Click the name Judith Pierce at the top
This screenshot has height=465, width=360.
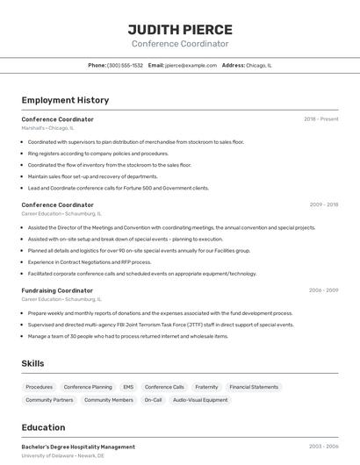coord(180,29)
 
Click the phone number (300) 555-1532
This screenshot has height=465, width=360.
coord(125,65)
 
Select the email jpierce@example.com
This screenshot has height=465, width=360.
coord(191,65)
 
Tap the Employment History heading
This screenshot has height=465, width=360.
coord(65,101)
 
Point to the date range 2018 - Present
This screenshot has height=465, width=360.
coord(321,118)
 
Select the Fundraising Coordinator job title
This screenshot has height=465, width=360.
coord(57,290)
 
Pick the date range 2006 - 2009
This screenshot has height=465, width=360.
coord(323,290)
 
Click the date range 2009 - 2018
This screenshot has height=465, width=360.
coord(323,204)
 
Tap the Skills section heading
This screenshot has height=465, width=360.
coord(33,363)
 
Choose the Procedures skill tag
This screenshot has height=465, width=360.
coord(40,387)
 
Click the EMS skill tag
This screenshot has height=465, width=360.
coord(128,387)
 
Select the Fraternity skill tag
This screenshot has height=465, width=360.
coord(206,387)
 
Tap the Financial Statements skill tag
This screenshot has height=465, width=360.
coord(254,387)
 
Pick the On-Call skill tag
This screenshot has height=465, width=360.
coord(153,400)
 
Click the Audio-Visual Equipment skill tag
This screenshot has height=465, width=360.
coord(200,400)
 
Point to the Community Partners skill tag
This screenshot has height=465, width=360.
coord(49,400)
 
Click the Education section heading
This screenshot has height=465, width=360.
coord(43,428)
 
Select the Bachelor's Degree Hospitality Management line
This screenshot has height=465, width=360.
coord(78,447)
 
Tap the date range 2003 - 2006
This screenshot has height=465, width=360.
coord(323,447)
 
